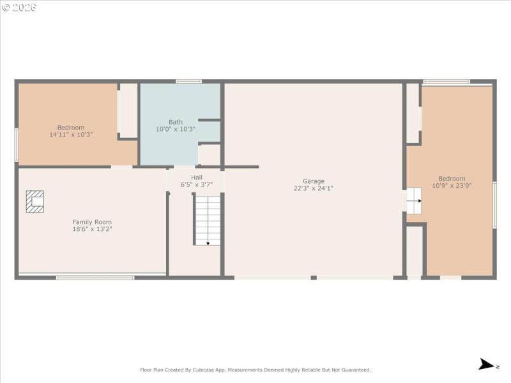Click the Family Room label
92,222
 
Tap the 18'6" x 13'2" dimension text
92,229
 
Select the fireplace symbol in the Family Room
35,202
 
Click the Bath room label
176,122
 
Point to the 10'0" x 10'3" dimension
176,129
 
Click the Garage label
314,181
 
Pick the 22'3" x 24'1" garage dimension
314,188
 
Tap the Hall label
196,177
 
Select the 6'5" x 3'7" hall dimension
196,184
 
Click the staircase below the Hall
207,220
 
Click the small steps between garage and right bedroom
415,200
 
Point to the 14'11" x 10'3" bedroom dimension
71,135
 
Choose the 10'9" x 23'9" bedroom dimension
452,186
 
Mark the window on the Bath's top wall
189,82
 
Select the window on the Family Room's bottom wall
95,278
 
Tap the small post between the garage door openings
314,278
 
